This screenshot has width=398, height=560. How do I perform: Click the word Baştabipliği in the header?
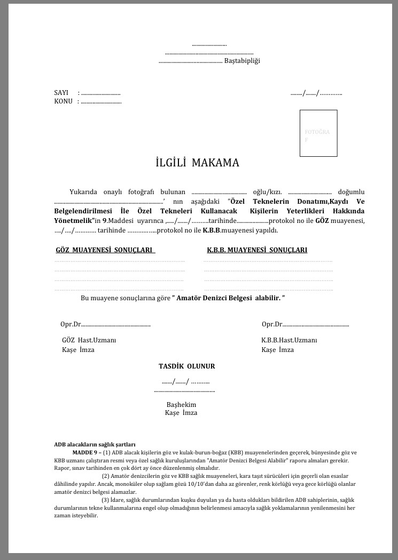(241, 61)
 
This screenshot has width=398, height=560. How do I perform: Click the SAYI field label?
(61, 93)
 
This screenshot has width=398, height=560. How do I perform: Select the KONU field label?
(63, 101)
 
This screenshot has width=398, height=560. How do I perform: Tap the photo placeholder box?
(318, 133)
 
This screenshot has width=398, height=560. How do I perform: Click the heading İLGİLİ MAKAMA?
(193, 163)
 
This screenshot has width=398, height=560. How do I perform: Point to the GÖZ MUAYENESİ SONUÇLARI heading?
(105, 250)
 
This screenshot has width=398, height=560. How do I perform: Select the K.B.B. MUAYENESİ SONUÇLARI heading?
(257, 250)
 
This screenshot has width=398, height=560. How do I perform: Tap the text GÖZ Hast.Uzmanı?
(89, 340)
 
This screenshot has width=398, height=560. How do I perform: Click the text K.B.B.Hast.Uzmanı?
(289, 340)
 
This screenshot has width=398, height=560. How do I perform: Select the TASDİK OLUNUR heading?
(187, 366)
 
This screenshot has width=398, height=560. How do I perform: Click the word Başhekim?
(182, 405)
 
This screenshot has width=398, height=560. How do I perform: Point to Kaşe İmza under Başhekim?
(181, 413)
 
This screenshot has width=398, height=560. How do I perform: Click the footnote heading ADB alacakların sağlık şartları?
(95, 444)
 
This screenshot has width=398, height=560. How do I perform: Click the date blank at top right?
(316, 93)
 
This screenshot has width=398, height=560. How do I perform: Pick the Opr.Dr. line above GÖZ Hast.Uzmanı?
(105, 324)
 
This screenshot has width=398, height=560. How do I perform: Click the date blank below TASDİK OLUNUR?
(185, 381)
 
